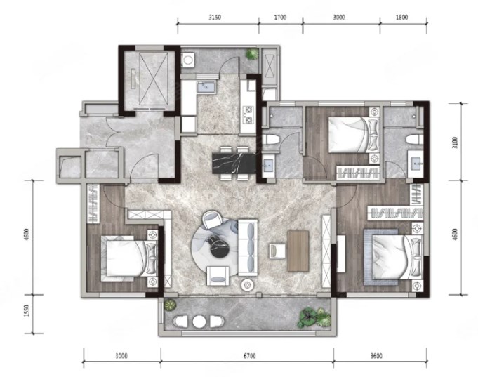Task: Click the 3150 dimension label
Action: point(215,18)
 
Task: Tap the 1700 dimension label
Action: point(280,18)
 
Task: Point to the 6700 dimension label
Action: point(249,356)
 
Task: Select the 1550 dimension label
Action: point(27,310)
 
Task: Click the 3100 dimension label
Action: point(455,143)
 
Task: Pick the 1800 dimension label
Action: point(401,18)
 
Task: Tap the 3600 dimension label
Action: point(376,356)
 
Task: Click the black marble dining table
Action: point(234,163)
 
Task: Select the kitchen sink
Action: point(206,87)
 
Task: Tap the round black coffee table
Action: point(218,244)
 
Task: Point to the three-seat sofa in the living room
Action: point(248,246)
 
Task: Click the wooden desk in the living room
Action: point(298,251)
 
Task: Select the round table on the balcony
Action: point(199,322)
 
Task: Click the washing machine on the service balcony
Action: point(188,60)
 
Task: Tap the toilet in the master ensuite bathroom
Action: point(415,140)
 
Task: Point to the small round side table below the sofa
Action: point(247,285)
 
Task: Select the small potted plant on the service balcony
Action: point(252,54)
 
